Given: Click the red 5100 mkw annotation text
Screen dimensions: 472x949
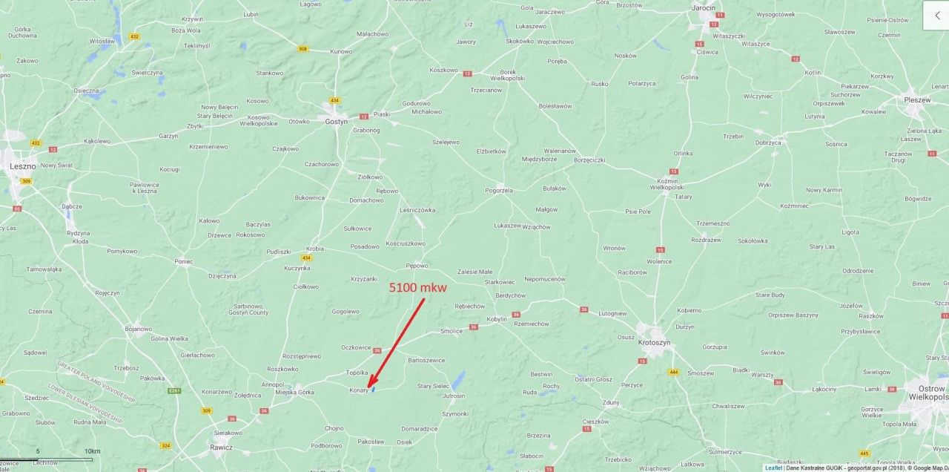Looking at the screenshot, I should (418, 287).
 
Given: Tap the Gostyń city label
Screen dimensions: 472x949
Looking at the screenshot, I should (336, 122).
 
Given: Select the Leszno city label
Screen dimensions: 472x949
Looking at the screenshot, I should (22, 167).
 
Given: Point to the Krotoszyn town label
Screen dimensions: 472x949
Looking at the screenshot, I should (653, 343).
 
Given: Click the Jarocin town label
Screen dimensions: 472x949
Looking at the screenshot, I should (704, 8).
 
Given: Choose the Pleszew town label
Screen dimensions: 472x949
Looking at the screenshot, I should (916, 99).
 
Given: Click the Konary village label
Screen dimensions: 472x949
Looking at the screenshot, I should (359, 390).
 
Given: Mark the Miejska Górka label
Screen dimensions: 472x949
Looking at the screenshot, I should (294, 393).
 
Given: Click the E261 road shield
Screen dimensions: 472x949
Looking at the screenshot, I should (174, 390).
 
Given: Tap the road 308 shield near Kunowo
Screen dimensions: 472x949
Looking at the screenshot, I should (302, 49).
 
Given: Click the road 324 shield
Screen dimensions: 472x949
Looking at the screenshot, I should (165, 446).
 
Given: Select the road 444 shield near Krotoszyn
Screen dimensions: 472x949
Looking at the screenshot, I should (674, 372).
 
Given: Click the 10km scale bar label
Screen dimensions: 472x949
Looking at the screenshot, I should (92, 451).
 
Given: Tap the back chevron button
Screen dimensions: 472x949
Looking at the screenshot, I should (936, 15).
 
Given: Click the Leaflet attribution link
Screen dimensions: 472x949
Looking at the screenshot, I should (773, 468).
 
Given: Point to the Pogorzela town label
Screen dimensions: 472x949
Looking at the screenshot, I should (499, 191).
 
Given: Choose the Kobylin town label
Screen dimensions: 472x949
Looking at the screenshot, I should (497, 319).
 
